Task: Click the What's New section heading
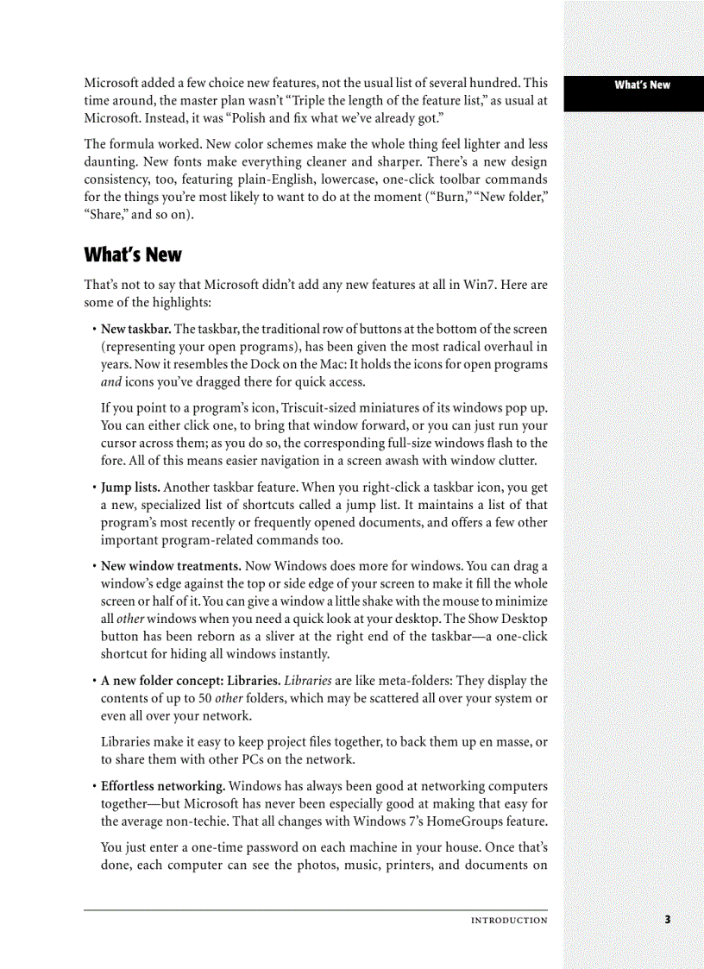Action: pos(133,255)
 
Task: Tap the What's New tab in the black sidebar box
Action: pos(642,85)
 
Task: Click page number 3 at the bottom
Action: pos(667,920)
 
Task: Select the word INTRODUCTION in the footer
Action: pos(508,921)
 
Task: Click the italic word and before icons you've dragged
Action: pos(110,382)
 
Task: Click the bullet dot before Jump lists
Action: pos(93,488)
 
